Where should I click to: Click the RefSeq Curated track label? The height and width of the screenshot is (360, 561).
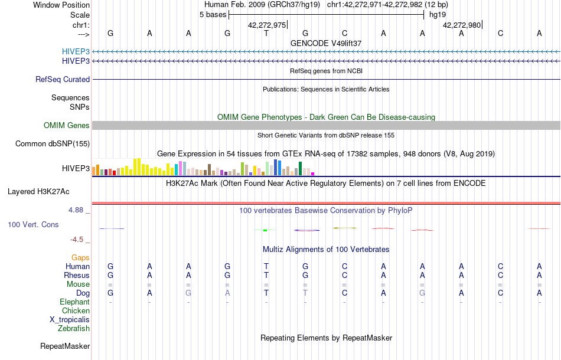click(63, 79)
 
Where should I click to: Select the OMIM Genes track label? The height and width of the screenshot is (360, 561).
click(67, 125)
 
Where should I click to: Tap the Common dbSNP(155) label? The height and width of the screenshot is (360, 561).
click(53, 143)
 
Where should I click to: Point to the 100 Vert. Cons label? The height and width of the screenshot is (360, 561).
click(33, 224)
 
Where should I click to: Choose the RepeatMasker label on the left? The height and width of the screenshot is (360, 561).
click(65, 346)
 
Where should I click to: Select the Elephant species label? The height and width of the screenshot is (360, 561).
click(74, 302)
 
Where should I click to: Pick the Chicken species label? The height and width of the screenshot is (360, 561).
click(76, 310)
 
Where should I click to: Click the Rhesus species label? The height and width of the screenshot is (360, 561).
click(77, 275)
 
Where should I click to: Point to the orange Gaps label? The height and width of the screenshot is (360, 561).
click(80, 257)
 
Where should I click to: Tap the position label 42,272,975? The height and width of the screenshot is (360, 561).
click(267, 25)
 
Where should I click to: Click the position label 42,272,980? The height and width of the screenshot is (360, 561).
click(462, 25)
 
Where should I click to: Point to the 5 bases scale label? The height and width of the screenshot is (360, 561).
click(213, 14)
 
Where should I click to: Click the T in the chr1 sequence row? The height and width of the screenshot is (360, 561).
click(266, 33)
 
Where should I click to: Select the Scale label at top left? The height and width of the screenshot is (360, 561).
click(80, 15)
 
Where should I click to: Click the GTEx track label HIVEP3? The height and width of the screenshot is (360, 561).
click(76, 168)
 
